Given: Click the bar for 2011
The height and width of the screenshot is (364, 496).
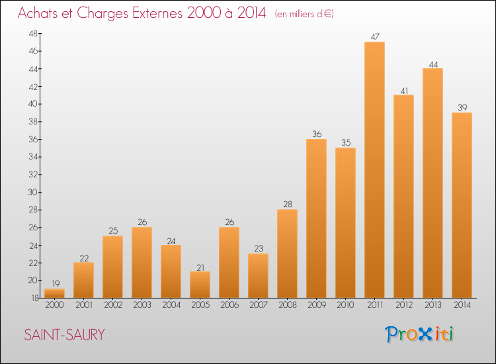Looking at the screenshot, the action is [x=374, y=169].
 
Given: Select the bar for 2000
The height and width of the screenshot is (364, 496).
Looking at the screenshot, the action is [x=54, y=293].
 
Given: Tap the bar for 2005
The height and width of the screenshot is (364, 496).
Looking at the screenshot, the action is [x=200, y=285].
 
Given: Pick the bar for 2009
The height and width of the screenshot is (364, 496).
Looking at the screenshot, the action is [x=316, y=218].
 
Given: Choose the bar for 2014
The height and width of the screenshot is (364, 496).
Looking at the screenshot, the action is [x=462, y=205].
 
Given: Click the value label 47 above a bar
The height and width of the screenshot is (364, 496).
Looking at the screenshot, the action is [x=375, y=36].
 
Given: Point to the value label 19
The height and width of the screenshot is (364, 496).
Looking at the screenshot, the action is [x=56, y=284].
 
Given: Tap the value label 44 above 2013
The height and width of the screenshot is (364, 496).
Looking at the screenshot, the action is [x=433, y=65].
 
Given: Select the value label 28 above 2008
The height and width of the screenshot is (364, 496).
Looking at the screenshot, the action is [x=288, y=204].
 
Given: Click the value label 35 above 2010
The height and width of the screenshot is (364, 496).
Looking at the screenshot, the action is [x=346, y=142].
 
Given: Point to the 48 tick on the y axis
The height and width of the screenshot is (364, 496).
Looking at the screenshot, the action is [x=33, y=34].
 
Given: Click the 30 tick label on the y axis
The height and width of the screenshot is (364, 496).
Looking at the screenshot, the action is [x=33, y=192].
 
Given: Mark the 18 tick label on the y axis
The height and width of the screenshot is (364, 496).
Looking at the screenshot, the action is [x=35, y=298].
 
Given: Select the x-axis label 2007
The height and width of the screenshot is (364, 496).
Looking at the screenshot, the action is [x=259, y=305].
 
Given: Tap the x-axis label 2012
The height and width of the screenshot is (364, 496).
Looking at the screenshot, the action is [x=404, y=305].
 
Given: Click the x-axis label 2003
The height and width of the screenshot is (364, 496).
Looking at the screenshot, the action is [x=142, y=305].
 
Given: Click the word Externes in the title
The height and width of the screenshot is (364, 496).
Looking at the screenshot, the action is [x=157, y=13].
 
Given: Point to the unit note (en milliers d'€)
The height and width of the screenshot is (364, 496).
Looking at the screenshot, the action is [x=304, y=14].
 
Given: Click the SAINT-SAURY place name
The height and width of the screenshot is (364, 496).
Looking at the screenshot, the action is [x=64, y=335].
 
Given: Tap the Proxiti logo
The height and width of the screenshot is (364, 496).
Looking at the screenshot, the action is [x=419, y=334].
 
